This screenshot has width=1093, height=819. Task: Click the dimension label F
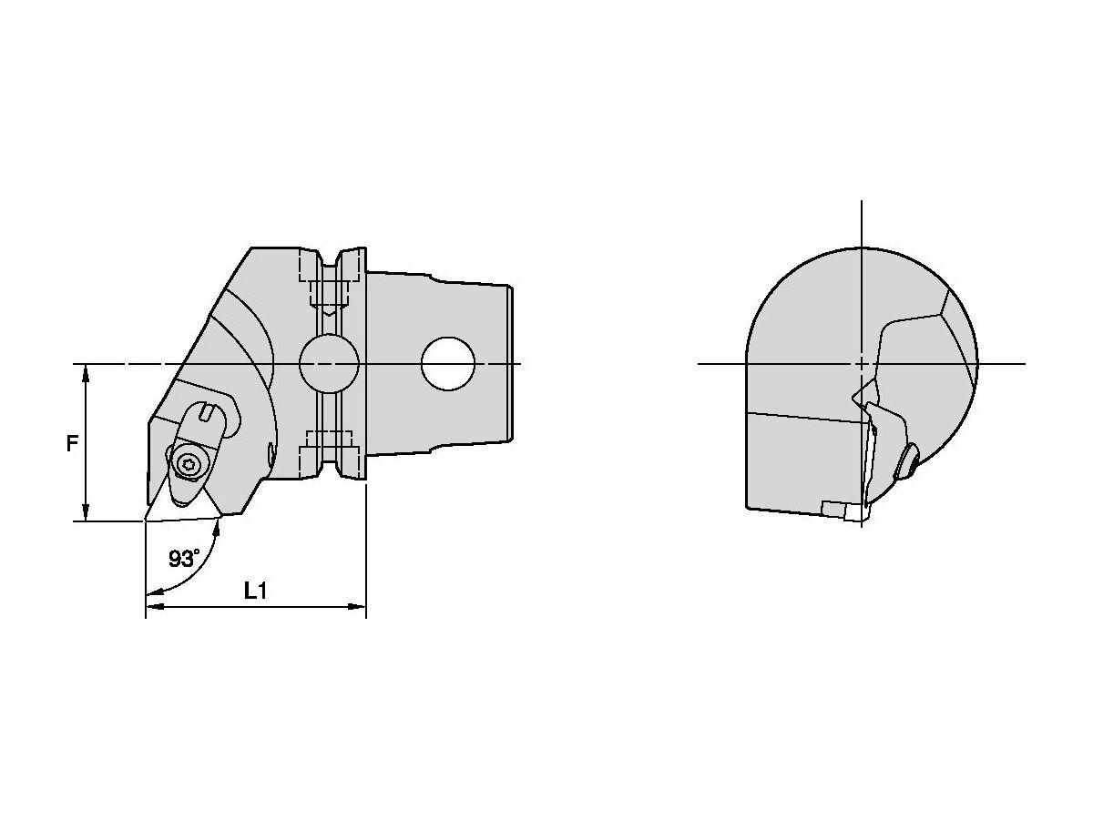coord(71,444)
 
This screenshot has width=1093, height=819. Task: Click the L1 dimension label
coord(256,591)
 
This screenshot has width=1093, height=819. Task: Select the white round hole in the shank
coord(448,364)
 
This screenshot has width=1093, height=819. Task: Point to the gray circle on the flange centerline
coord(328,364)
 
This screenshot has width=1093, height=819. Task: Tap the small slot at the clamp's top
coord(209,416)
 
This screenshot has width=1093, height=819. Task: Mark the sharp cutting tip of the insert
coord(146,521)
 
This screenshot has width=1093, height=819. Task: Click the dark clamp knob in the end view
coord(907,463)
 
